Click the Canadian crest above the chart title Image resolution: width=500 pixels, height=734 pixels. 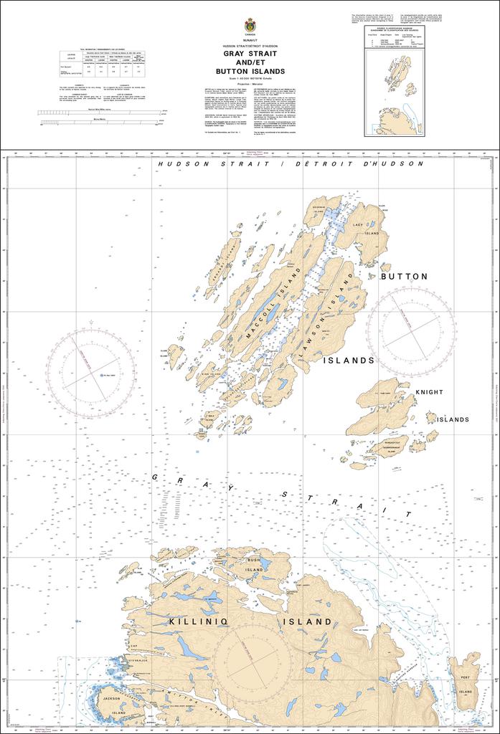point(250,25)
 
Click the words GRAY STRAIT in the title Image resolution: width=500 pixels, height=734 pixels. point(249,54)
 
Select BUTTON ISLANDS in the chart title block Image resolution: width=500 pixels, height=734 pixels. point(249,72)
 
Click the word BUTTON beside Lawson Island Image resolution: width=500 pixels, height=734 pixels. point(404,276)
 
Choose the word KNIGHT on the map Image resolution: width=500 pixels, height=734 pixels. point(430,392)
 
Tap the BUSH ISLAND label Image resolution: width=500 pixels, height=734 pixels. point(254,564)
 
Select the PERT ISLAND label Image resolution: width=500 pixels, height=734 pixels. point(466,684)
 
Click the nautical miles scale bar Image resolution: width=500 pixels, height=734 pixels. point(100,113)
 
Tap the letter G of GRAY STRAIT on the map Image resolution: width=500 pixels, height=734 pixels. point(156,476)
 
